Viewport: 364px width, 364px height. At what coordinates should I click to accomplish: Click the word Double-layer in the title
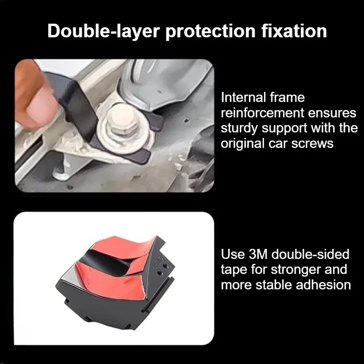pyautogui.click(x=104, y=31)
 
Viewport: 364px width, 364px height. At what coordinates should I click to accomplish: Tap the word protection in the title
pyautogui.click(x=210, y=31)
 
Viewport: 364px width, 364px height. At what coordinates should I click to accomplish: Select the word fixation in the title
pyautogui.click(x=294, y=30)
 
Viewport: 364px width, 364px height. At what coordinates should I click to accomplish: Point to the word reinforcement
pyautogui.click(x=263, y=113)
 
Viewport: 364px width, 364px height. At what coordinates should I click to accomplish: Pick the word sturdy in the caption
pyautogui.click(x=239, y=129)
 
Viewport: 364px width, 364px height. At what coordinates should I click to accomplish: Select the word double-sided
pyautogui.click(x=310, y=254)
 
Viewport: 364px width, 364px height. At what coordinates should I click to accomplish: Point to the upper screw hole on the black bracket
pyautogui.click(x=166, y=266)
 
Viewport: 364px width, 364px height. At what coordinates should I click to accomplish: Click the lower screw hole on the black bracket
pyautogui.click(x=160, y=273)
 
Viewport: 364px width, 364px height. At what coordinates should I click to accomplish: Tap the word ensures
pyautogui.click(x=332, y=113)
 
